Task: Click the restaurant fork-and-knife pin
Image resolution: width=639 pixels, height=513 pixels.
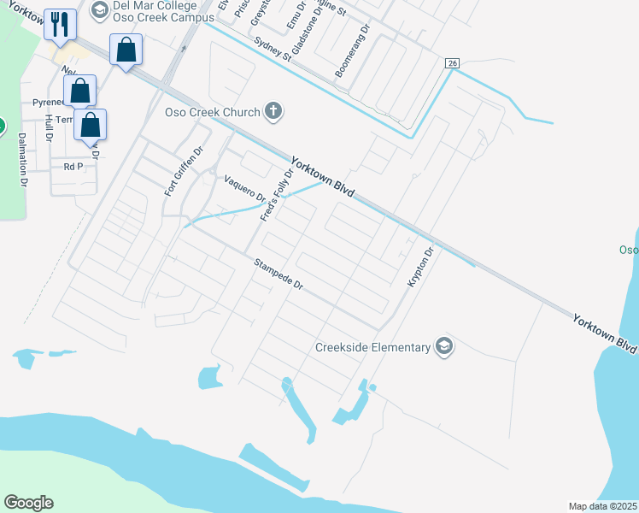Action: point(59,24)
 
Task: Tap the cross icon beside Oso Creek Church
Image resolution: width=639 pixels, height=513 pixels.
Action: point(273,110)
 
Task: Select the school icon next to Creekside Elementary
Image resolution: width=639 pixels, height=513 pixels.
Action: point(443,346)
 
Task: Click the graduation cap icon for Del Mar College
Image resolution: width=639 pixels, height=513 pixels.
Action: point(99,10)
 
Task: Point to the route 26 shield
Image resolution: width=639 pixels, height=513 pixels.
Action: point(453,63)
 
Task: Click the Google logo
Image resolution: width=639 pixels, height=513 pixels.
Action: point(28,503)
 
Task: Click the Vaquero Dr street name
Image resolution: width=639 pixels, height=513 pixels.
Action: point(245,191)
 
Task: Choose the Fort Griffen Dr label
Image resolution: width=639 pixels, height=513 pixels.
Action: point(183,171)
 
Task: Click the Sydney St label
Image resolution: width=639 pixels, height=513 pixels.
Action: point(273,50)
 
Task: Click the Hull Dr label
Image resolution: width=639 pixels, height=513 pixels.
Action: point(49,128)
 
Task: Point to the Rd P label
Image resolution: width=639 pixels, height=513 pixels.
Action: point(73,167)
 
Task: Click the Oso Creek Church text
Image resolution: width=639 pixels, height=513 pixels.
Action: point(205,112)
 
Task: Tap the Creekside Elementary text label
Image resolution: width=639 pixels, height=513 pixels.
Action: point(372,347)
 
